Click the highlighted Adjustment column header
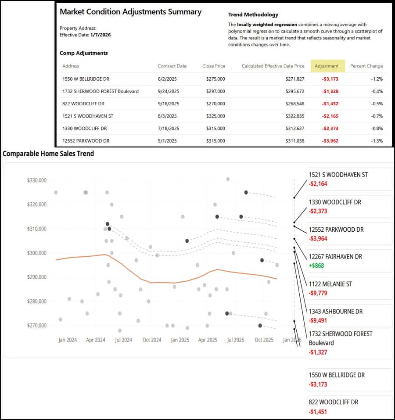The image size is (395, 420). (x=327, y=66)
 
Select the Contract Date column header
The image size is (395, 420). (x=172, y=66)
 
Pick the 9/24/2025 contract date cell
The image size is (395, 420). (x=169, y=91)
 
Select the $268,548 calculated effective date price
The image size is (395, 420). (x=291, y=104)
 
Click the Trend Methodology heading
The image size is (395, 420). (x=253, y=14)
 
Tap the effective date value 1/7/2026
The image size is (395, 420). (x=101, y=35)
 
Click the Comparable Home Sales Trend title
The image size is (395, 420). (x=48, y=154)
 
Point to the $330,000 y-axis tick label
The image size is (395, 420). (x=37, y=180)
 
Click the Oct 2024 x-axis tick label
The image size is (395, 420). (x=152, y=340)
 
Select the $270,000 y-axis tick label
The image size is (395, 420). (x=37, y=326)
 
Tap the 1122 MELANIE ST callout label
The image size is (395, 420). (x=330, y=284)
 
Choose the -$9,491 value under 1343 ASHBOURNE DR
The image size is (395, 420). (x=318, y=320)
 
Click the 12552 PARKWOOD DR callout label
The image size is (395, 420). (x=336, y=230)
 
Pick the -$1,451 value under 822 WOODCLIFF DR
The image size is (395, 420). (x=318, y=412)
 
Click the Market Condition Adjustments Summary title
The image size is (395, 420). (x=130, y=12)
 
